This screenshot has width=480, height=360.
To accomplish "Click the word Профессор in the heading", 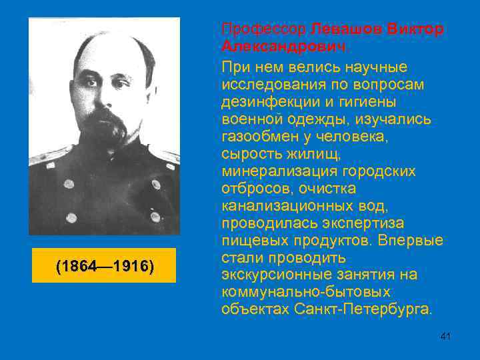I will point(263,31).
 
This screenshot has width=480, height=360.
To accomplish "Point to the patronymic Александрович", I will point(285,48).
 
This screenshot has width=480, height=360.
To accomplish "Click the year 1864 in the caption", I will point(79,267).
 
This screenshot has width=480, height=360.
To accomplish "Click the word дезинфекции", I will point(263,102).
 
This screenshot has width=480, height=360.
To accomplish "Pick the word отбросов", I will point(253,189).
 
